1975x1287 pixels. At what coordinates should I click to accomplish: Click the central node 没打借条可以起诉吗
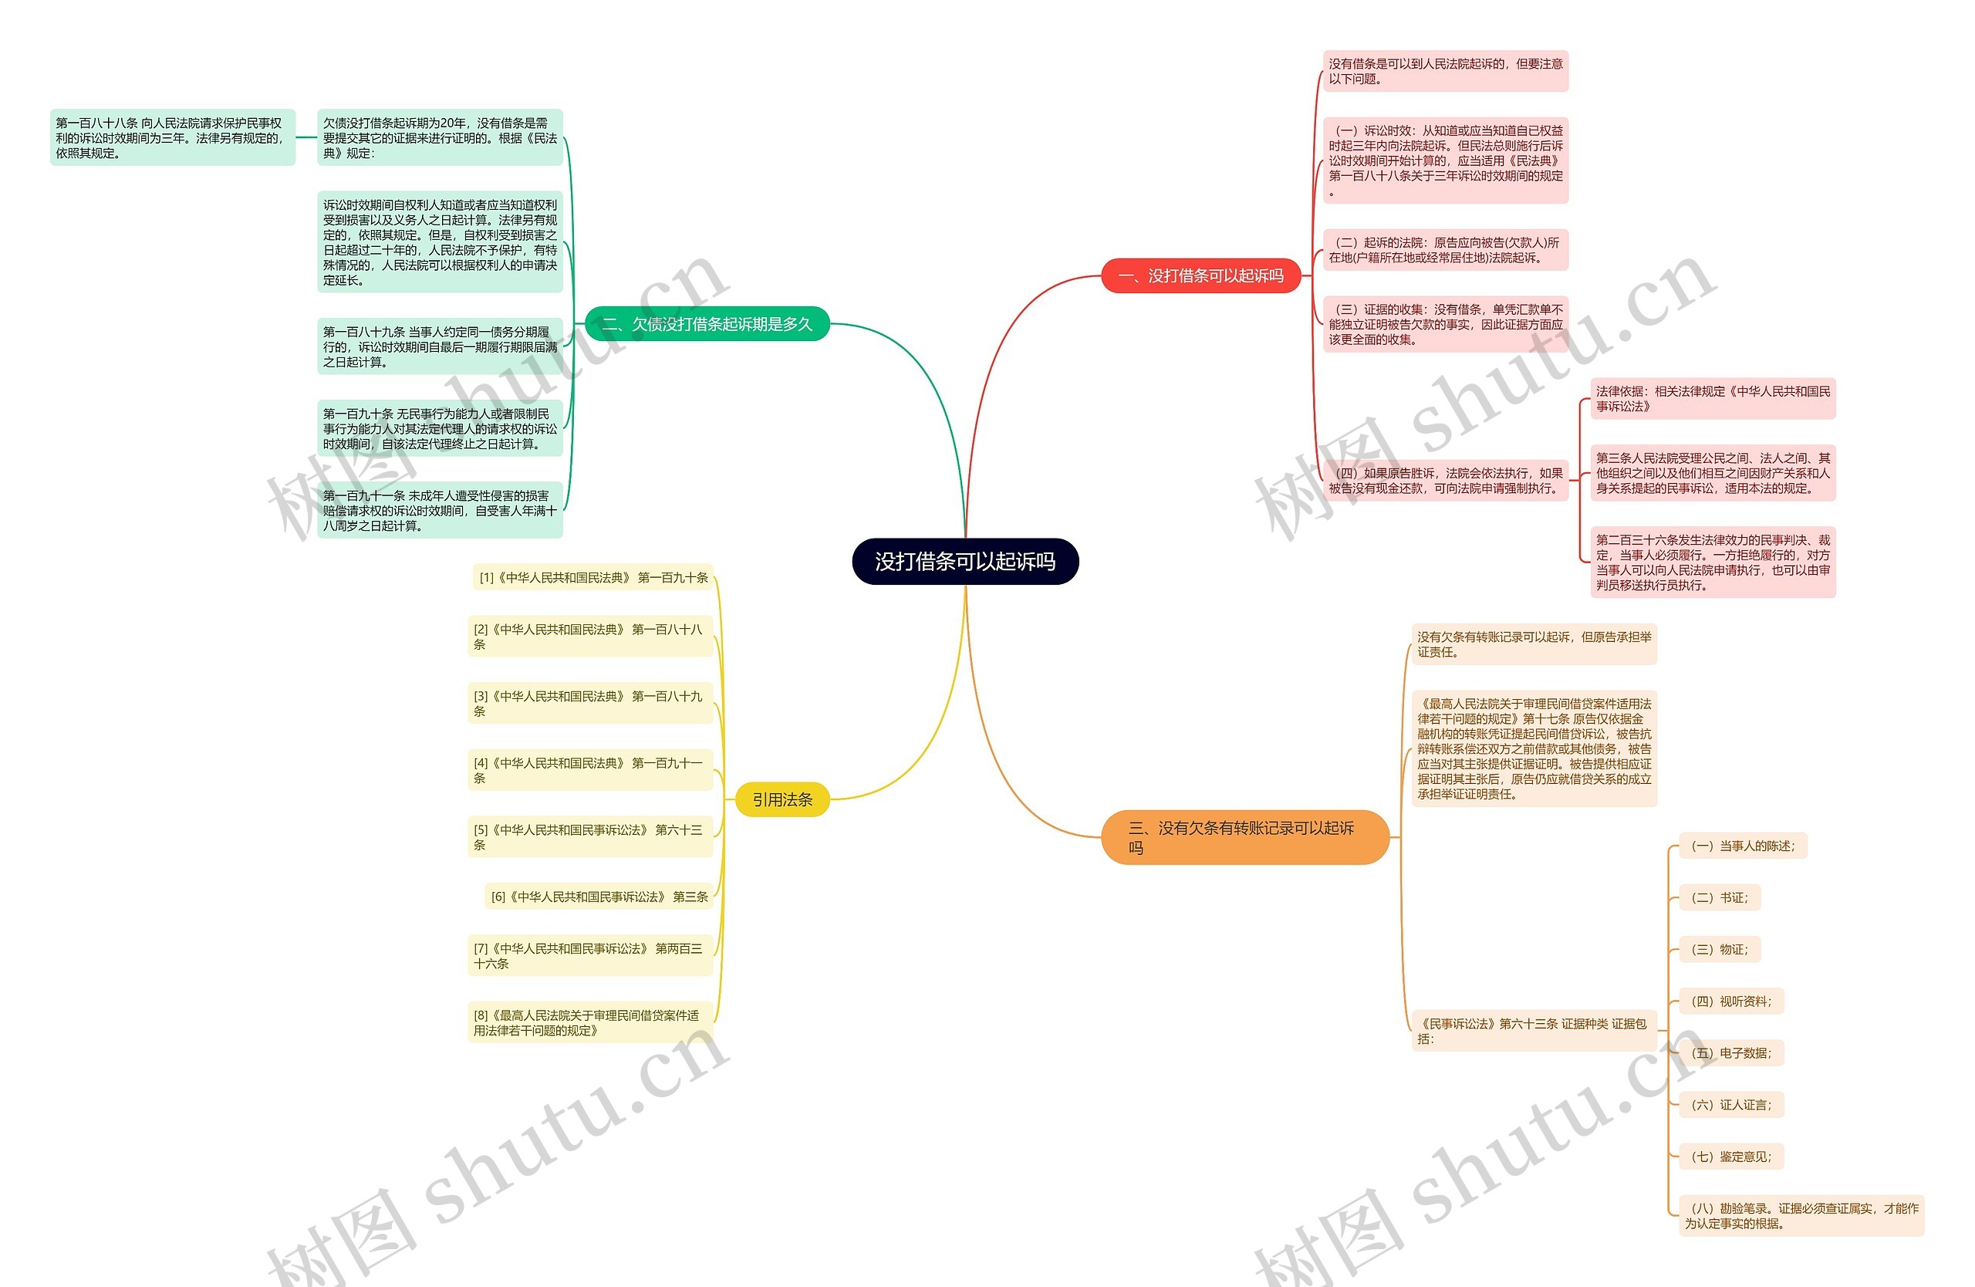coord(965,562)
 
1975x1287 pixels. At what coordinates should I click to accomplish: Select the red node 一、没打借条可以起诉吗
coord(1200,276)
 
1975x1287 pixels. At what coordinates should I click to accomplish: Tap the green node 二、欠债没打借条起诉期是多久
coord(707,323)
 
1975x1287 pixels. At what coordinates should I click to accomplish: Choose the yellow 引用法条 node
coord(782,800)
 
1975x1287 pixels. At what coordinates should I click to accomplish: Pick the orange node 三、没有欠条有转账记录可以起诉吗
coord(1243,837)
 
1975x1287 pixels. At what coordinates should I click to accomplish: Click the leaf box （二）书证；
coord(1719,898)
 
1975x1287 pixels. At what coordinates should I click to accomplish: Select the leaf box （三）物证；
coord(1719,949)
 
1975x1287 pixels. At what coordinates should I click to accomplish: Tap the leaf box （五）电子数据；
coord(1730,1053)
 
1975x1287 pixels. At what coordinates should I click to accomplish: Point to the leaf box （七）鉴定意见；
coord(1730,1157)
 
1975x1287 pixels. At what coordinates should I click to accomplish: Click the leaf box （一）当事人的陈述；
coord(1742,846)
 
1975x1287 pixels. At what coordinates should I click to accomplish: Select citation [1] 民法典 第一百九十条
coord(593,579)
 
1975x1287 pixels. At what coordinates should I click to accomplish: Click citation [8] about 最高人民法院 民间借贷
coord(590,1023)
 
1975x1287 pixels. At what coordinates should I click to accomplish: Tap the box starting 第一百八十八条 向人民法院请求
coord(173,138)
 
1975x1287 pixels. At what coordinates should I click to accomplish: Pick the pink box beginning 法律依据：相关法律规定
coord(1712,399)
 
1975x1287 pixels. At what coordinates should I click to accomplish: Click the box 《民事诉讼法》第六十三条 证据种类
coord(1533,1032)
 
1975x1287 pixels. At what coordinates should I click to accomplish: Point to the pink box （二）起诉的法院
coord(1445,250)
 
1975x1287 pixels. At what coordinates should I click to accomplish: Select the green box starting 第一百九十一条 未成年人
coord(440,510)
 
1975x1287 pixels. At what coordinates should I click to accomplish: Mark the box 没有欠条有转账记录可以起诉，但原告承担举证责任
coord(1534,645)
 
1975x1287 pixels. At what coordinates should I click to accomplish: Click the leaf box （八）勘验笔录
coord(1800,1216)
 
